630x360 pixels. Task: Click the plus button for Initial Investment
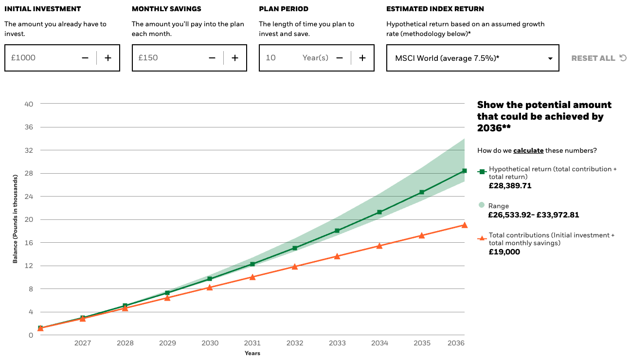click(108, 58)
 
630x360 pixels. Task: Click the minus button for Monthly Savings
click(212, 58)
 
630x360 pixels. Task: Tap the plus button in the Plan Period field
click(362, 58)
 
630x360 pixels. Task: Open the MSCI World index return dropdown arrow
click(550, 58)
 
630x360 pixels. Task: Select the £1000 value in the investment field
click(23, 58)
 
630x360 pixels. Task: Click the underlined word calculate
click(528, 150)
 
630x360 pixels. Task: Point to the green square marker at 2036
click(464, 171)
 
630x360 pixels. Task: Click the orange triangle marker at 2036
click(464, 225)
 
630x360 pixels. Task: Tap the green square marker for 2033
click(337, 231)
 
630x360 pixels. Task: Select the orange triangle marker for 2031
click(252, 277)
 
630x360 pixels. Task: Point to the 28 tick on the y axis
click(29, 173)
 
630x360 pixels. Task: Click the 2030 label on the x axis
click(210, 343)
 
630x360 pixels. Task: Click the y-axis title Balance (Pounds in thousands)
click(15, 219)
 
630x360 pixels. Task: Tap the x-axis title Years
click(252, 353)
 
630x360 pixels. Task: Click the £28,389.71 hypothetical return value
click(510, 186)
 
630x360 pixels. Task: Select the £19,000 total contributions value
click(504, 252)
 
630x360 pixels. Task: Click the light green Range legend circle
click(482, 205)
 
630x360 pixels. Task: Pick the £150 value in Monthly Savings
click(148, 58)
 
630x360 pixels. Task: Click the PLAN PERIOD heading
click(284, 9)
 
